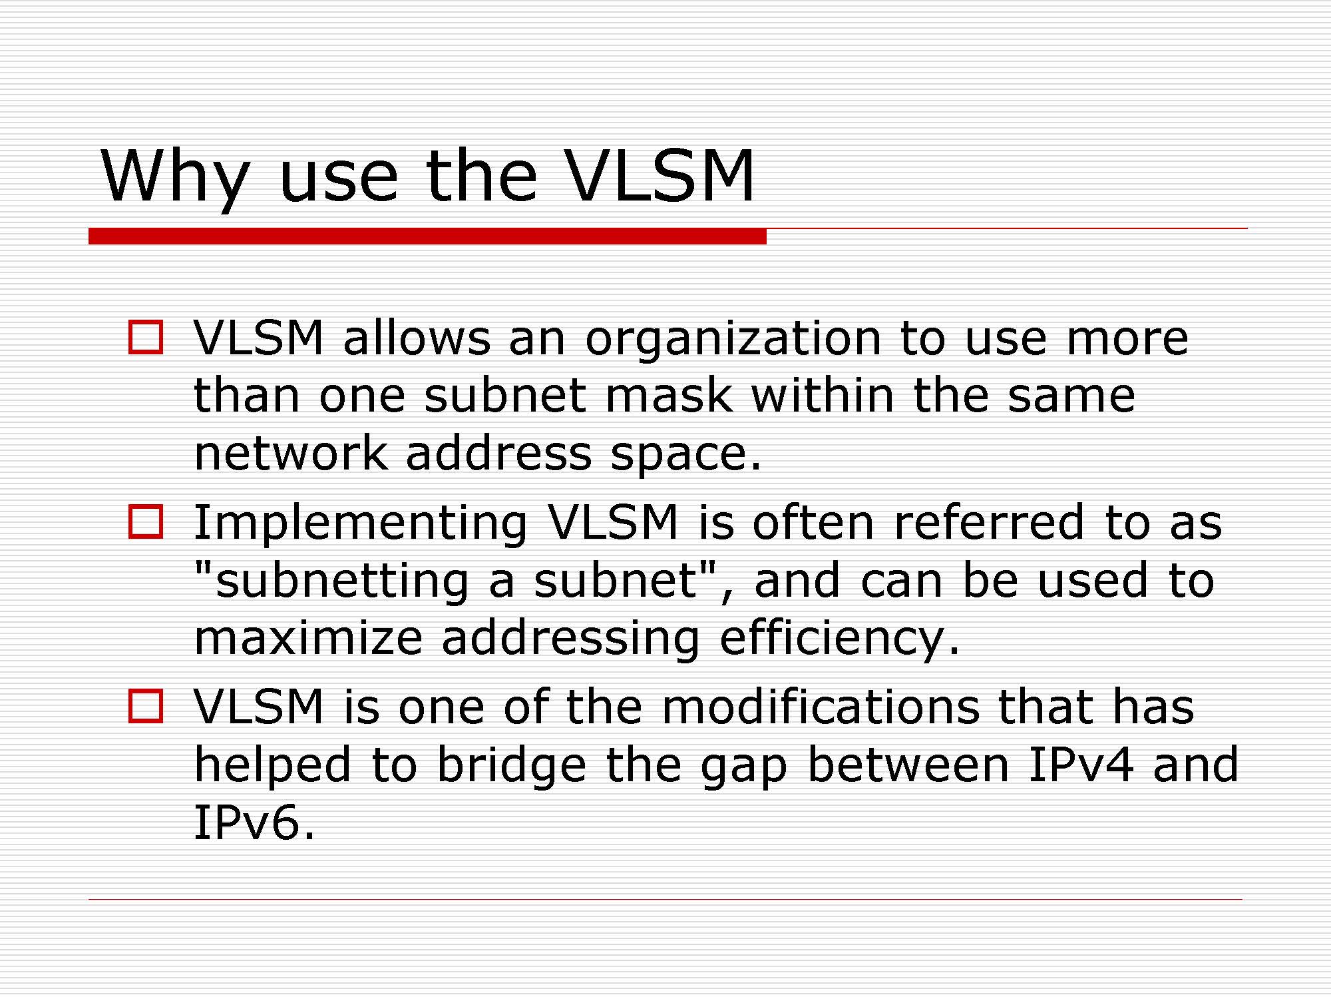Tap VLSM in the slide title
point(660,175)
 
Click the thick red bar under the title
point(427,236)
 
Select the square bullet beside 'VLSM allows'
point(146,337)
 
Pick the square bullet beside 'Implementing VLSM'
point(146,521)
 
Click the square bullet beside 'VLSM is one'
point(146,706)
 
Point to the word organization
point(733,340)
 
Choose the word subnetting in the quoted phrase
point(343,581)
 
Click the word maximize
point(308,637)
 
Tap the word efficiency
point(833,639)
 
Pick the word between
point(908,764)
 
